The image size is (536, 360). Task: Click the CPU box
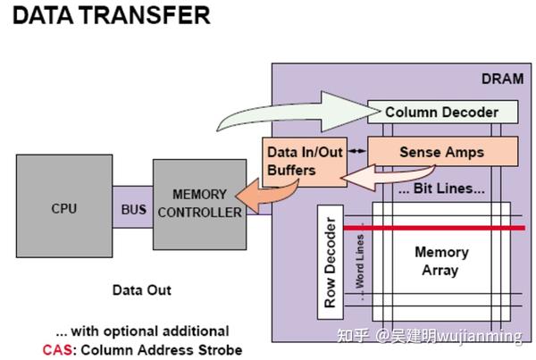(x=64, y=205)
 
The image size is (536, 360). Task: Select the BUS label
(x=134, y=209)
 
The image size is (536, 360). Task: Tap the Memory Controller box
(x=199, y=205)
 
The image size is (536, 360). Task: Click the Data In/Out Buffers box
(x=305, y=162)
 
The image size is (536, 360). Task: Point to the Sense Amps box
(x=443, y=152)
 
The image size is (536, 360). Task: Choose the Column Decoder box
(x=443, y=112)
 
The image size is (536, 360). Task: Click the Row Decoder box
(x=331, y=263)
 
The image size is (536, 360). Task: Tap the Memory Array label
(x=441, y=261)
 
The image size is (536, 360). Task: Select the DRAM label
(x=502, y=79)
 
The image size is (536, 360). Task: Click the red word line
(x=434, y=228)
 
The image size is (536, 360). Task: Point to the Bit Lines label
(x=441, y=188)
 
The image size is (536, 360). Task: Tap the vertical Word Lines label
(x=360, y=263)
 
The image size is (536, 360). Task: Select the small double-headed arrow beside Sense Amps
(x=357, y=151)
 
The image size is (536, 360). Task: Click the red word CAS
(x=57, y=350)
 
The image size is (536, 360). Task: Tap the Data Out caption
(x=142, y=290)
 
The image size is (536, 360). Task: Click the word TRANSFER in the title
(x=146, y=15)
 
